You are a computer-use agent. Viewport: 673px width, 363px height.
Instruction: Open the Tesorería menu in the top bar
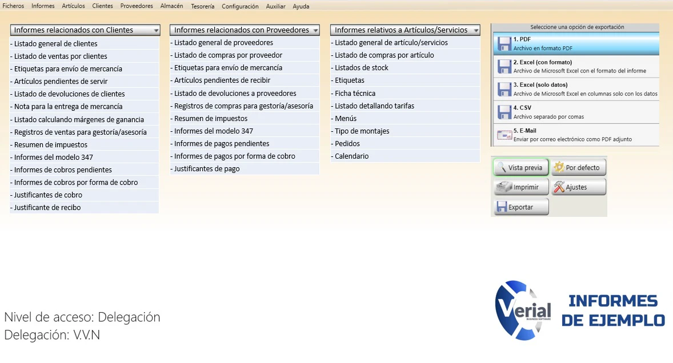tap(203, 6)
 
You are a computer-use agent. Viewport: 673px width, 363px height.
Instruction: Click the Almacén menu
tap(172, 6)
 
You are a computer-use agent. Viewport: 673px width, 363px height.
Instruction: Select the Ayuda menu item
tap(301, 6)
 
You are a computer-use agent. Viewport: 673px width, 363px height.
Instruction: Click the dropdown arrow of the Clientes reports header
tap(156, 30)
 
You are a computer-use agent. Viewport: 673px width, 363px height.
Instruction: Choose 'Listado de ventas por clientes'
tap(61, 56)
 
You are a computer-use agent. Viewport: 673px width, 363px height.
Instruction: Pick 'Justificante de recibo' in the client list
tap(47, 207)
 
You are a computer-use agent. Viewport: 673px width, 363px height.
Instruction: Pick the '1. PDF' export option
tap(576, 44)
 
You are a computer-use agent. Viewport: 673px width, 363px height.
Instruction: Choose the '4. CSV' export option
tap(576, 112)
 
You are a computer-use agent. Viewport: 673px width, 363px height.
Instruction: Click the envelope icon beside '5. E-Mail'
tap(504, 135)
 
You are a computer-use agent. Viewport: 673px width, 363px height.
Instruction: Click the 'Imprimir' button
tap(521, 187)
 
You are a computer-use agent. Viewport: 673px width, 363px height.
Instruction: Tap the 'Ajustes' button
tap(579, 187)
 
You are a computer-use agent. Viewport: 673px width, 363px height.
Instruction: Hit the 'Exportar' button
tap(521, 207)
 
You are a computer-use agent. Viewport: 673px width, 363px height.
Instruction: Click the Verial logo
tap(523, 310)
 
